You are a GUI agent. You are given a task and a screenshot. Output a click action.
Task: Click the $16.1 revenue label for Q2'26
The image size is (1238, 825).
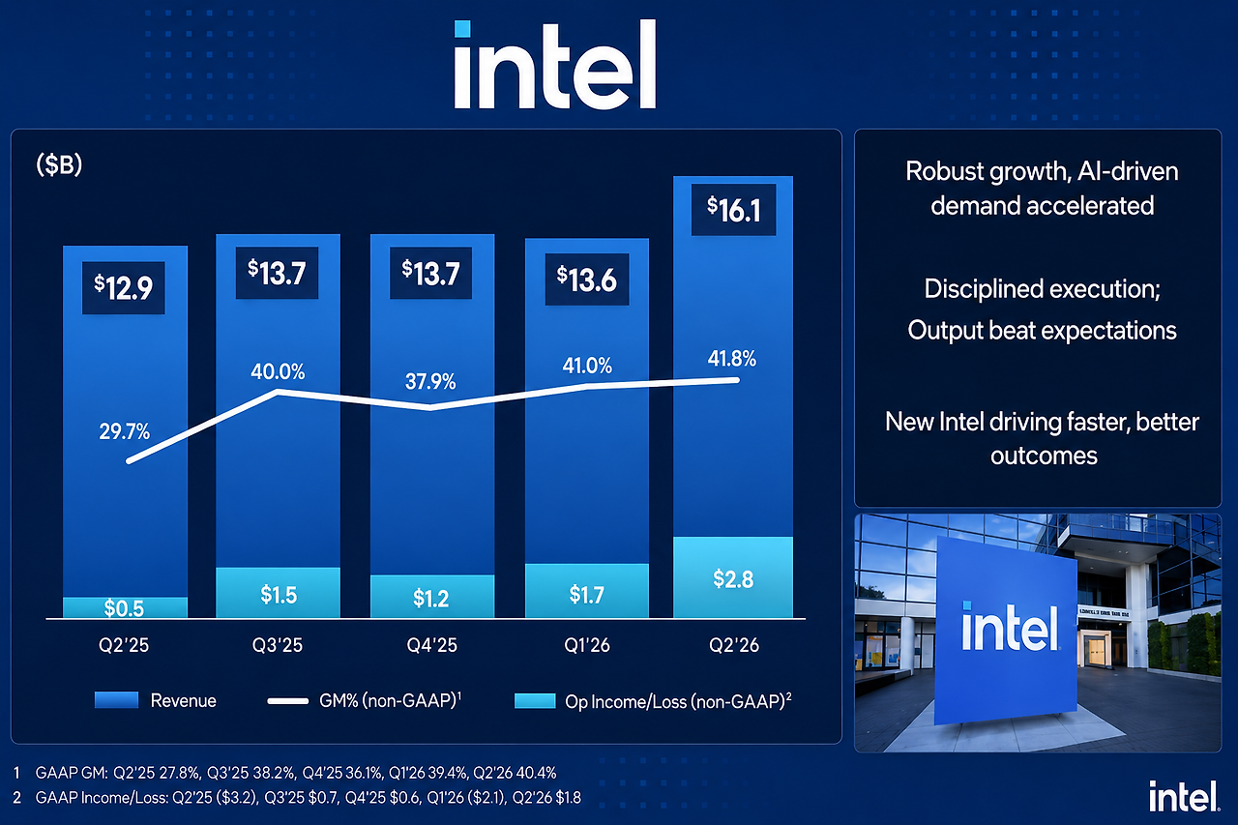click(733, 210)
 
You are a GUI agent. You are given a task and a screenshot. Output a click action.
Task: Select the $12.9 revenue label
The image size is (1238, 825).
click(123, 287)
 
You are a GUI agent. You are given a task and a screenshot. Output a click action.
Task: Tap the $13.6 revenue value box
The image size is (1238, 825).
click(587, 280)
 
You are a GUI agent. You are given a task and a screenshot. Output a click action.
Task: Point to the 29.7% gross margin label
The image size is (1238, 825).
click(125, 431)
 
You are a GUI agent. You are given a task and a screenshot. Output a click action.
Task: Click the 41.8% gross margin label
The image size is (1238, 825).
click(732, 359)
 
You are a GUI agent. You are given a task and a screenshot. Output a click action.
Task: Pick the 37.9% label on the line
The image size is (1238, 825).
click(430, 381)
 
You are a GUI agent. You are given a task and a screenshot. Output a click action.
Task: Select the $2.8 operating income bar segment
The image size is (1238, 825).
click(733, 576)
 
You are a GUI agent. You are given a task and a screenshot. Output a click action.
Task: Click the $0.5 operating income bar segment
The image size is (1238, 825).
click(125, 607)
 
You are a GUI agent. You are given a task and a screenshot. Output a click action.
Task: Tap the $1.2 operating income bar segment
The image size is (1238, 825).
click(432, 596)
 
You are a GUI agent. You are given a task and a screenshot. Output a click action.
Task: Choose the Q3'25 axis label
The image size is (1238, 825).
click(278, 645)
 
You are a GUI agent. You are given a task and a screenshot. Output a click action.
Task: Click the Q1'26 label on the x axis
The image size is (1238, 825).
click(587, 645)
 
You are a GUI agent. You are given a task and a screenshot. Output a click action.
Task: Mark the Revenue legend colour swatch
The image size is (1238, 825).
click(116, 700)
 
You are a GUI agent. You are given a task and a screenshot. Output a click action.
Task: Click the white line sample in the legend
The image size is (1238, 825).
click(287, 701)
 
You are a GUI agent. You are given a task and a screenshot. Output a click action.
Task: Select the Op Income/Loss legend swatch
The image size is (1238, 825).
click(535, 700)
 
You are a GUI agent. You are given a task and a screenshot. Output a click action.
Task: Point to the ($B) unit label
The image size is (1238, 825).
click(59, 165)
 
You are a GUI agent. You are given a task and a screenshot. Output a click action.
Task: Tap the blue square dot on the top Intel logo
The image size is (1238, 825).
click(462, 29)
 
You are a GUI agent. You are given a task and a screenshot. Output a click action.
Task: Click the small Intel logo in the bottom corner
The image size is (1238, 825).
click(1184, 796)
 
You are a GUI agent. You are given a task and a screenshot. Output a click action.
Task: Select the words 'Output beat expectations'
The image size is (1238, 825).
click(1042, 331)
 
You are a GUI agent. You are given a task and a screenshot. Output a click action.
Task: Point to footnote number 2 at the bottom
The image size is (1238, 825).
click(17, 797)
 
